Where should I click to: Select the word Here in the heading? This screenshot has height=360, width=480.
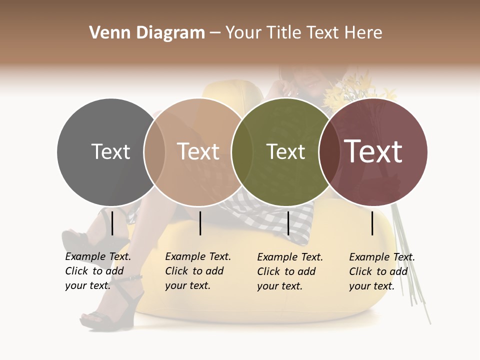point(364,33)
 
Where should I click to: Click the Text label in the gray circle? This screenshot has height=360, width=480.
point(110,151)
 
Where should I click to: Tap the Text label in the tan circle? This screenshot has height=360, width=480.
point(198,151)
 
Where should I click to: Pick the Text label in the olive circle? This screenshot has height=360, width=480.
point(285,151)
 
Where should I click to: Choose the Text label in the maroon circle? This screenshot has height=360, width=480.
point(373,151)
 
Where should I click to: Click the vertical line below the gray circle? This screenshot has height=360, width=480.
point(112,223)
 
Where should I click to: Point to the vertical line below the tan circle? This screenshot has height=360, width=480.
point(200,223)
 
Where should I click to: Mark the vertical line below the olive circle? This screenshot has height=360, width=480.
point(288,223)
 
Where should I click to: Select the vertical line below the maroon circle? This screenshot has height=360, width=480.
point(372,223)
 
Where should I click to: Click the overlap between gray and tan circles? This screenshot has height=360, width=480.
point(154,152)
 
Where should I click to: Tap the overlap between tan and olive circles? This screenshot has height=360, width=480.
point(242,152)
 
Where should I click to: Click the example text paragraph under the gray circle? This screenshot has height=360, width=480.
point(97,271)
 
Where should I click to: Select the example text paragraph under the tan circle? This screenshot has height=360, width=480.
point(197,271)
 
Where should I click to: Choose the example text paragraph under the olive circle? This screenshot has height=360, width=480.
point(289,271)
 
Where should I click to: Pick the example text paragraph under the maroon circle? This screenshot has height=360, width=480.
point(381,271)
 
